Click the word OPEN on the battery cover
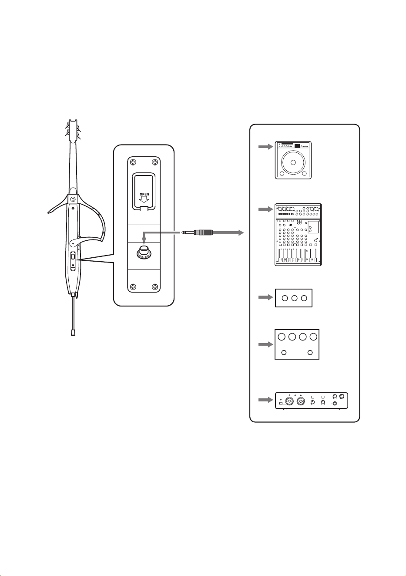pos(144,195)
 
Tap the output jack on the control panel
pos(144,253)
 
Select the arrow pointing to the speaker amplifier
pos(265,147)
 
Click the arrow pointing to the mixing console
pos(265,209)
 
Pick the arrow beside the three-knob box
pos(265,297)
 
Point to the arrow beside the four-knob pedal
pos(265,344)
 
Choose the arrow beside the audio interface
pos(265,400)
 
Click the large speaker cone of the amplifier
pos(293,162)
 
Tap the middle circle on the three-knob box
pos(295,298)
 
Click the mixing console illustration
pos(298,235)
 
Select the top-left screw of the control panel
pos(134,162)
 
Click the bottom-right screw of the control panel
pos(155,286)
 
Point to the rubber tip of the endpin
pos(73,333)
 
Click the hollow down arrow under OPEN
pos(144,200)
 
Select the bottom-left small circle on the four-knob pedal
pos(284,353)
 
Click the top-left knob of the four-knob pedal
pos(282,337)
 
